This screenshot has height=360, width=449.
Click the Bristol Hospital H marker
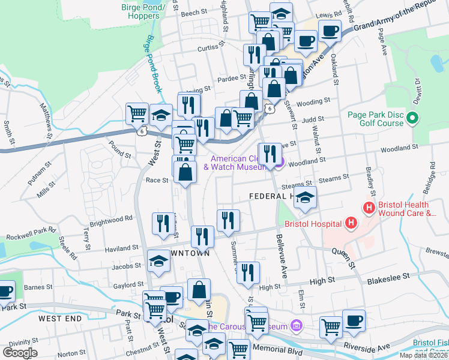352,224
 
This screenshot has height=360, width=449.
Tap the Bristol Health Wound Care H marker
369,208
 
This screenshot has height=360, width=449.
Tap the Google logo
20,352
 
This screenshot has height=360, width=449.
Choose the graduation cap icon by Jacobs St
158,262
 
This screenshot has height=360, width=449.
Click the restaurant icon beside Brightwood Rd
161,224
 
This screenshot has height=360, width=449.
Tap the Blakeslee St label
388,277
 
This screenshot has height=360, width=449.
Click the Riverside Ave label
366,348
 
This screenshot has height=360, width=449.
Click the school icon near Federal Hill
306,199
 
